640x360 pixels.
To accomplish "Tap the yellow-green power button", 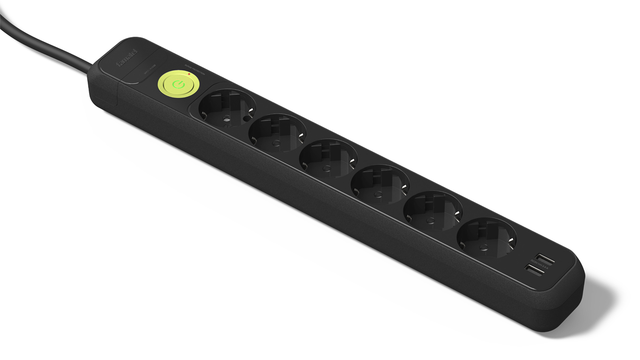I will tap(178, 85).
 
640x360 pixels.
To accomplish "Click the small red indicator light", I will tap(189, 74).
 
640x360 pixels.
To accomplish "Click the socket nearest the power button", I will tap(227, 109).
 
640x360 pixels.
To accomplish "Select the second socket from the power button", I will tap(278, 134).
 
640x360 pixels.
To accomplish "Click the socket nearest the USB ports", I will tap(487, 237).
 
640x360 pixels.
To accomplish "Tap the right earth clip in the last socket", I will tap(512, 241).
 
